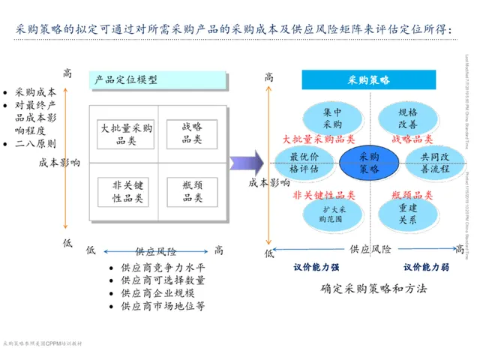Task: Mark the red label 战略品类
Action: point(412,139)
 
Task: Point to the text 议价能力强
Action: point(316,267)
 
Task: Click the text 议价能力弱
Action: point(427,267)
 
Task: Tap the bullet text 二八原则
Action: point(35,143)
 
